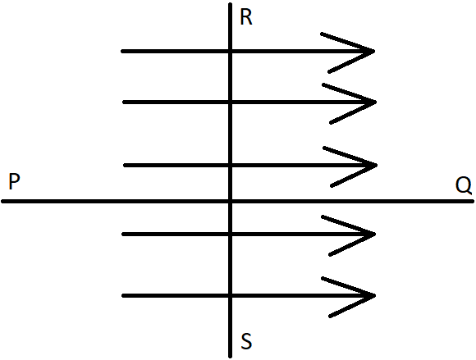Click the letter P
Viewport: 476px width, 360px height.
click(14, 181)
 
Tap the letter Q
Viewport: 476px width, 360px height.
click(464, 185)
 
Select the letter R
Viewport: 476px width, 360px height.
click(246, 17)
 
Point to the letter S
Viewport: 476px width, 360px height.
click(246, 341)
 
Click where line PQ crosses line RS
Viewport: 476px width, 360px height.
click(230, 201)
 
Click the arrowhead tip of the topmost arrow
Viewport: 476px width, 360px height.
click(374, 52)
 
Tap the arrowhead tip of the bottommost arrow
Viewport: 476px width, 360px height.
click(374, 295)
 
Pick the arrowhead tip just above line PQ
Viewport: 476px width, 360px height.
click(376, 166)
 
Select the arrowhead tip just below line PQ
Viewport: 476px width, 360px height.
click(375, 235)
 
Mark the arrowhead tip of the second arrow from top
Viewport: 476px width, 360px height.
click(376, 103)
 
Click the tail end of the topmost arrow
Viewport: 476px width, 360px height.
click(122, 52)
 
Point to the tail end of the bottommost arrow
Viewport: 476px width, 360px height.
click(123, 295)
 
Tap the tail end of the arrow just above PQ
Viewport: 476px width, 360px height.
click(125, 166)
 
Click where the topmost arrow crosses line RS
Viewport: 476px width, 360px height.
click(230, 52)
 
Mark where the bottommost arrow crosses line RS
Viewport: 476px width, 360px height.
click(230, 295)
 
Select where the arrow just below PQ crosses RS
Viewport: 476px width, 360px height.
click(230, 235)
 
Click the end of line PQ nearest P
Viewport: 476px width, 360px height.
click(2, 201)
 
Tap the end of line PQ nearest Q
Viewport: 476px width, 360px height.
click(473, 201)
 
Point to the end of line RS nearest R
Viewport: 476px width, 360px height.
click(230, 4)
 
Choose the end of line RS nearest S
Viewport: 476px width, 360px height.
click(230, 357)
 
